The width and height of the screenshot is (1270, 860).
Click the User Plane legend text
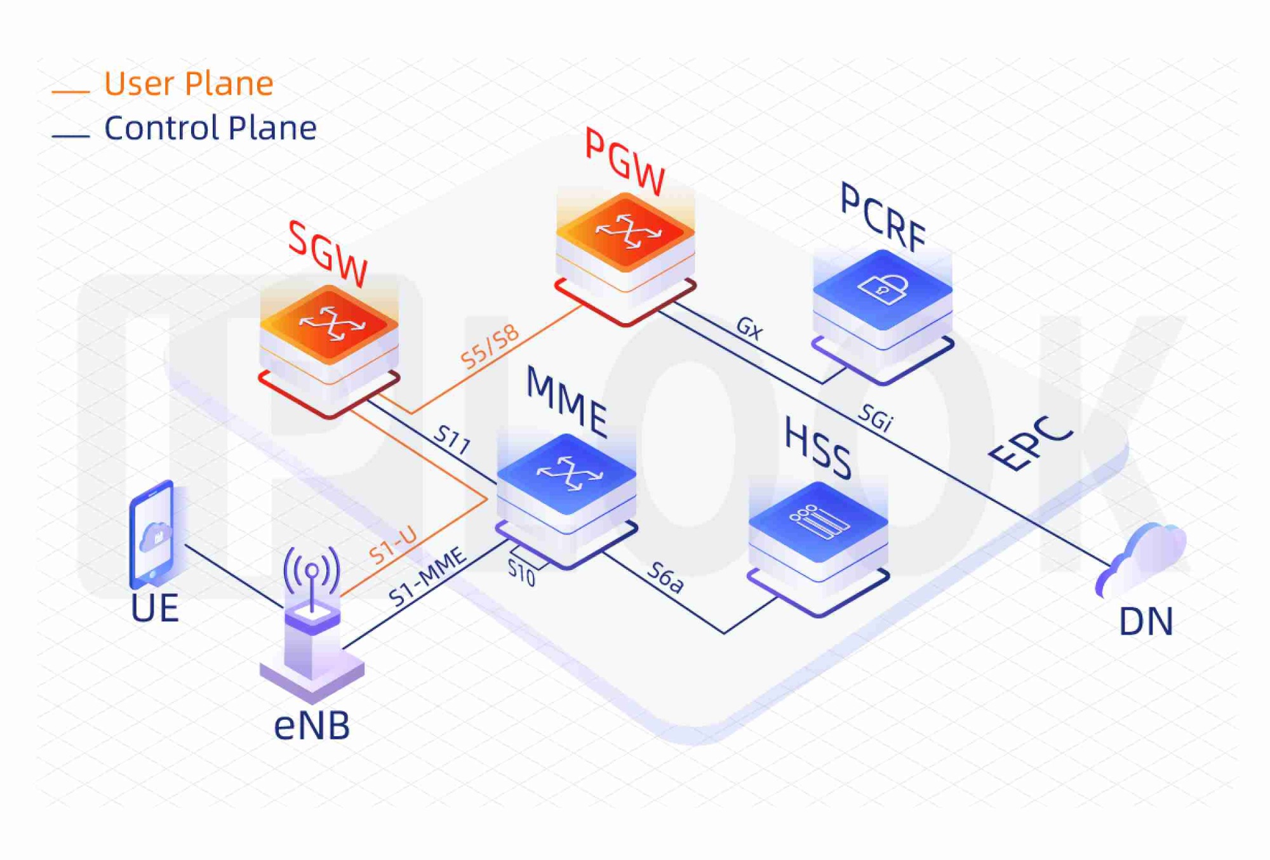189,84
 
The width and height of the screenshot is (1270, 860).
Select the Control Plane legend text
210,128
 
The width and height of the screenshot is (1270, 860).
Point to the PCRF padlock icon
883,289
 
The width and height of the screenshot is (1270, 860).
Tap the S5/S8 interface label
490,347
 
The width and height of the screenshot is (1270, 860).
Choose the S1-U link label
394,546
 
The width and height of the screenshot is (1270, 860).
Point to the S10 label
521,573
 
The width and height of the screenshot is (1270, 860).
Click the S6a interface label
665,578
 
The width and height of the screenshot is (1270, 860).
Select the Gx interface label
749,328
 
